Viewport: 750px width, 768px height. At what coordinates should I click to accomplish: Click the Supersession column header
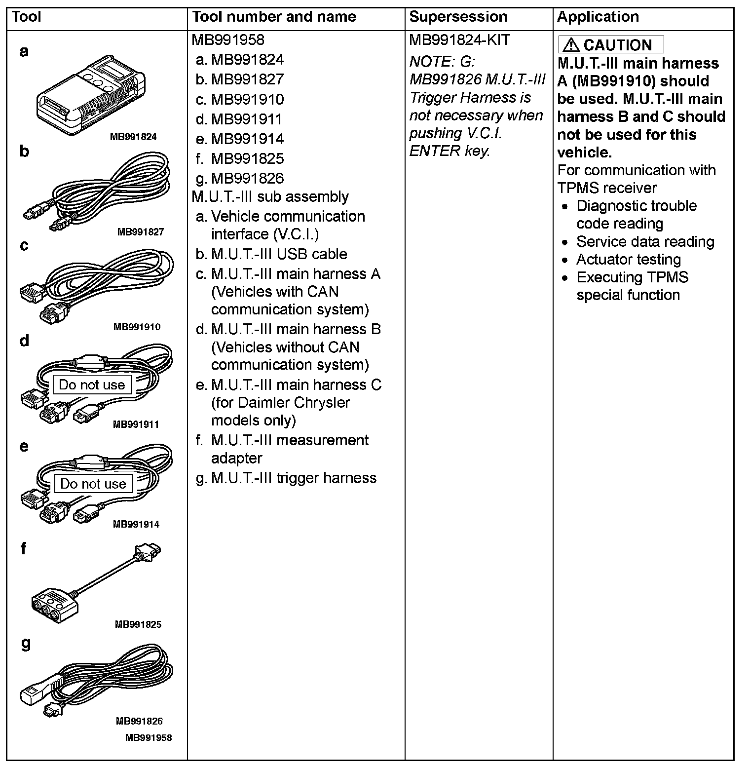458,17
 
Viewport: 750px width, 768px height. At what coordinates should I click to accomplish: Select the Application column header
598,17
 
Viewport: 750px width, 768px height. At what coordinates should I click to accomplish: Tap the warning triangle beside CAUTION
570,45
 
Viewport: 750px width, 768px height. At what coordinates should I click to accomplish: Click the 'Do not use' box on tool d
92,384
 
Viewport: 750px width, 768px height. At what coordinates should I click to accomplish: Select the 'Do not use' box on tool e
93,484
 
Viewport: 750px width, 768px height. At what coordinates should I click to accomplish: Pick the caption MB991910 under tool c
137,327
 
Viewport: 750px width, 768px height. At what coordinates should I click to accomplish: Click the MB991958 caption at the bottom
149,737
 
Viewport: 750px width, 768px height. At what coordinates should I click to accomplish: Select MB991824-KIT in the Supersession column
459,40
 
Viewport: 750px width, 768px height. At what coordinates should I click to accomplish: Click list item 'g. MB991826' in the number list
240,178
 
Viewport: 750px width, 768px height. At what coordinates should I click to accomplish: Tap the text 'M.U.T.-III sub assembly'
270,196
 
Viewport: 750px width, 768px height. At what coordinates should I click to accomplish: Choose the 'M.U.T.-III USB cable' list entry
279,254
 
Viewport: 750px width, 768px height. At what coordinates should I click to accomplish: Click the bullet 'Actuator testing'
628,259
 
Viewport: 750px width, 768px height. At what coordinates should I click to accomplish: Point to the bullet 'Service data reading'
645,241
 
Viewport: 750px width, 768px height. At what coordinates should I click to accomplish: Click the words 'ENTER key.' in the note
449,151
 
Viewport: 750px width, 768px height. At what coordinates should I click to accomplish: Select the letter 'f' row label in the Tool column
23,548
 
